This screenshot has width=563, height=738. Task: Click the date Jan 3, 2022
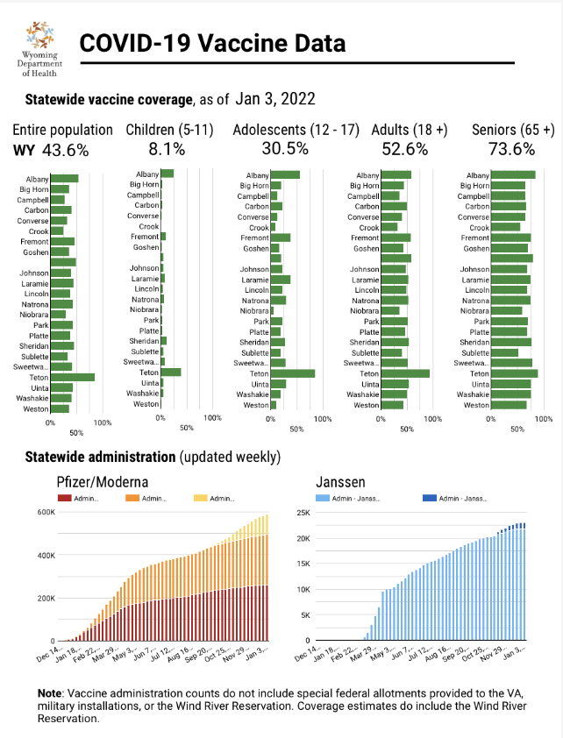(275, 99)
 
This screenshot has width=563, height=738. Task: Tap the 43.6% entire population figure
(64, 150)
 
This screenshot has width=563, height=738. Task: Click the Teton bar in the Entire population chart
(73, 378)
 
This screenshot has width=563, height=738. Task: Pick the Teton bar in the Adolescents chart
(293, 373)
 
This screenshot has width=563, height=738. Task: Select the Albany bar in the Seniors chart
(513, 175)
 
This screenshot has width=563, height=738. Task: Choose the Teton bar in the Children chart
(171, 372)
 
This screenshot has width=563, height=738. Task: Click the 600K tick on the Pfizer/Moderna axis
(45, 512)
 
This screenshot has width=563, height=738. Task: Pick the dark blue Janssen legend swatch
(431, 498)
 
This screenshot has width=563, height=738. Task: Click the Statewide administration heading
(100, 458)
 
